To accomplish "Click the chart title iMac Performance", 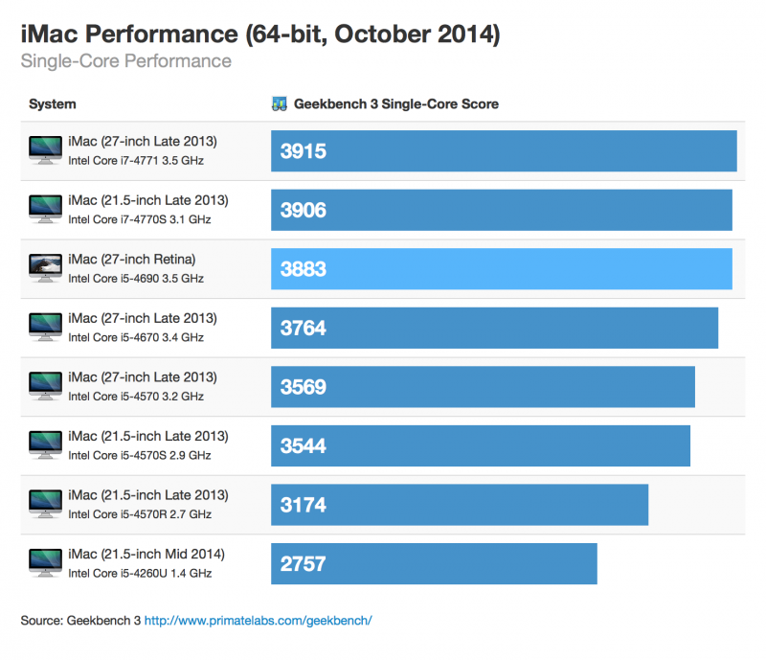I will [x=259, y=35].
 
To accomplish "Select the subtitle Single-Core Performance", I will [x=125, y=61].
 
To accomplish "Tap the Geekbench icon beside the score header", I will [x=280, y=104].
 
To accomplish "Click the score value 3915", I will [x=303, y=151].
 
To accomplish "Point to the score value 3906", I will [x=303, y=211].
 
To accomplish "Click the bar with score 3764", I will [x=494, y=329].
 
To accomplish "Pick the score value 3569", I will [x=303, y=388].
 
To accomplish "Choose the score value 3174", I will [x=303, y=506].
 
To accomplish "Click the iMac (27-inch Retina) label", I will [x=131, y=260].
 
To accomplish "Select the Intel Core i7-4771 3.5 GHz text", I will [x=135, y=160].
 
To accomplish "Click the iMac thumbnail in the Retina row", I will [x=44, y=268].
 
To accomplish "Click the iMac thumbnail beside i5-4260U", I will [x=44, y=563].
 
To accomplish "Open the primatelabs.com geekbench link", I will [x=258, y=621].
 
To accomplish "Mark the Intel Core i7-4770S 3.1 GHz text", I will [x=139, y=219].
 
